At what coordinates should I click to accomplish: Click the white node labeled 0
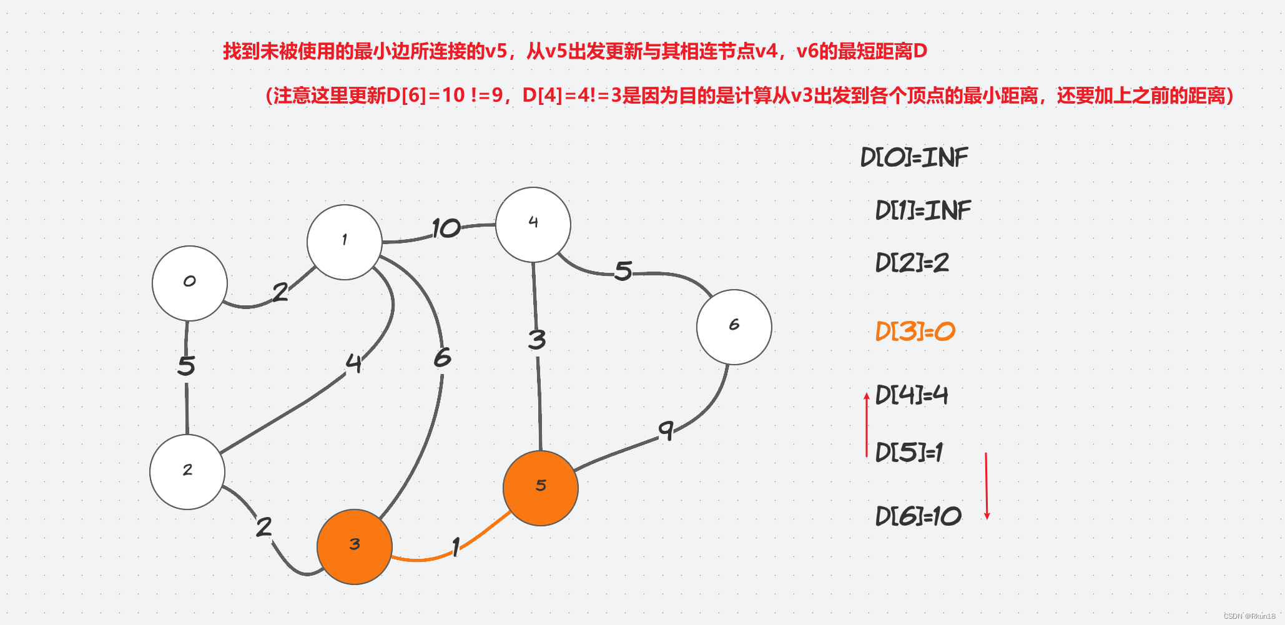coord(189,283)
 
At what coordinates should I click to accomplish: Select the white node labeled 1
coord(344,242)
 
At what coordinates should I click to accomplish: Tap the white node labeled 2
coord(187,471)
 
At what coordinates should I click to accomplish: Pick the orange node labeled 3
coord(354,546)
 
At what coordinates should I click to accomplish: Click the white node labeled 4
coord(533,224)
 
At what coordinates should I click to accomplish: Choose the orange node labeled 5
coord(540,488)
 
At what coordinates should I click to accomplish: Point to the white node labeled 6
coord(734,327)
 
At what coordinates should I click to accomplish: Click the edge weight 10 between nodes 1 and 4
coord(446,229)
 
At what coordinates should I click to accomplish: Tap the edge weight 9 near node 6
coord(666,430)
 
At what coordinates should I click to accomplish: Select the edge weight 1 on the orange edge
coord(456,547)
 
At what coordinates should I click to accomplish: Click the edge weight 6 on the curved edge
coord(442,358)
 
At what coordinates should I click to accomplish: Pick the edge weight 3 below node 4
coord(536,340)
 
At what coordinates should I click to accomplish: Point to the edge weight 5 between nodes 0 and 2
coord(186,365)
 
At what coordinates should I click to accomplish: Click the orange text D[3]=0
coord(915,331)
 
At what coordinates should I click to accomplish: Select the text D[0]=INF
coord(913,157)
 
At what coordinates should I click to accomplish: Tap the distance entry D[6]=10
coord(918,516)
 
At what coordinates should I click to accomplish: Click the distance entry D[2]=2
coord(912,263)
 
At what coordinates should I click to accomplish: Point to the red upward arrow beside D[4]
coord(867,425)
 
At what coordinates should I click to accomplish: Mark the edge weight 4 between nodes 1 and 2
coord(353,363)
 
